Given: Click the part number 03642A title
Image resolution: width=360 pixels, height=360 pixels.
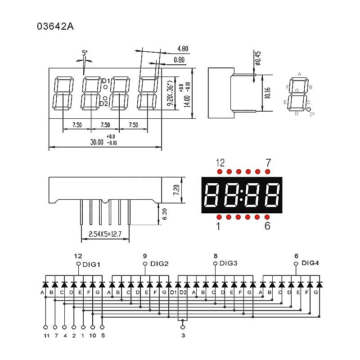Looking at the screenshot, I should click(55, 27).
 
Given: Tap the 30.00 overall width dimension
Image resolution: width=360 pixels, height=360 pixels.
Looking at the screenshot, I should click(97, 142).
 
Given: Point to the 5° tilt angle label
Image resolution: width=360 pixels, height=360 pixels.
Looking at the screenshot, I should click(85, 53).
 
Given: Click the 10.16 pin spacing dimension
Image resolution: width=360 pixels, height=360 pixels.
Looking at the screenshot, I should click(267, 93).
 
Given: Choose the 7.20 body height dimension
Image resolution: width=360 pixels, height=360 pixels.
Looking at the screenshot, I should click(176, 189).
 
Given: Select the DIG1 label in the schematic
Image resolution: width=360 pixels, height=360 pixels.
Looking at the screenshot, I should click(91, 264).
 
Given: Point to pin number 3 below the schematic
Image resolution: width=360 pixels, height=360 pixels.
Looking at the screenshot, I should click(183, 335).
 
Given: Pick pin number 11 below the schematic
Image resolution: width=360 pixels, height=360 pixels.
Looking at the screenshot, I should click(45, 335).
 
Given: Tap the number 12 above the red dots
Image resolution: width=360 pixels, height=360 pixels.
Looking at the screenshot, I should click(220, 162).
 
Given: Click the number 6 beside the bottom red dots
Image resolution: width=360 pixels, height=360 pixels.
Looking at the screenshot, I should click(267, 226).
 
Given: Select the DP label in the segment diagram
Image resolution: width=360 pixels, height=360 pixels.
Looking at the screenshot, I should click(312, 115).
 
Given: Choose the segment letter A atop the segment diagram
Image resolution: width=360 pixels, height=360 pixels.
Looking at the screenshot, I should click(299, 74).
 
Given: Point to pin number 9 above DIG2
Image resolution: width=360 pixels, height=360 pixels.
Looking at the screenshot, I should click(145, 256).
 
